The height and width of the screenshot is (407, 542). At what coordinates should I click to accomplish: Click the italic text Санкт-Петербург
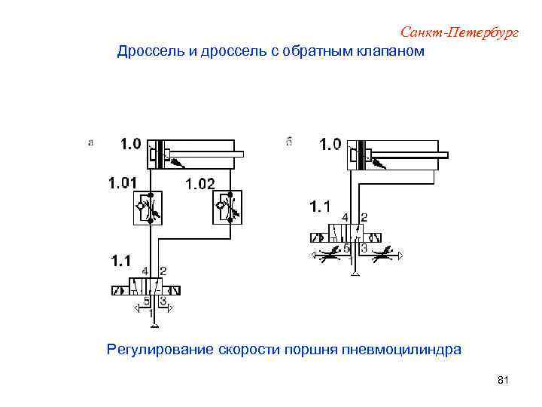(460, 32)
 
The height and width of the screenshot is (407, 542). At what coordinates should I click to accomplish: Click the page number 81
(504, 382)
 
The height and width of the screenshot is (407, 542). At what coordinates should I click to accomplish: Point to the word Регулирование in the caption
(160, 350)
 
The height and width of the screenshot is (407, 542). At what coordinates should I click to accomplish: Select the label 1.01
(123, 182)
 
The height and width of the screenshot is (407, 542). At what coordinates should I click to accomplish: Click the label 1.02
(200, 183)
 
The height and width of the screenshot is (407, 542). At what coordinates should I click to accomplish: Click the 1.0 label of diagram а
(130, 144)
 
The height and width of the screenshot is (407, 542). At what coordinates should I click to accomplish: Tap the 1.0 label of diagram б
(330, 144)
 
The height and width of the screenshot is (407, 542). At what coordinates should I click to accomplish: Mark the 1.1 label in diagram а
(121, 262)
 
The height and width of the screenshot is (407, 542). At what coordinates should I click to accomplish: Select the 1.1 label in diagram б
(320, 205)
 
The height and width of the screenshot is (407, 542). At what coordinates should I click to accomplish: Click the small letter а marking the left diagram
(91, 142)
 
